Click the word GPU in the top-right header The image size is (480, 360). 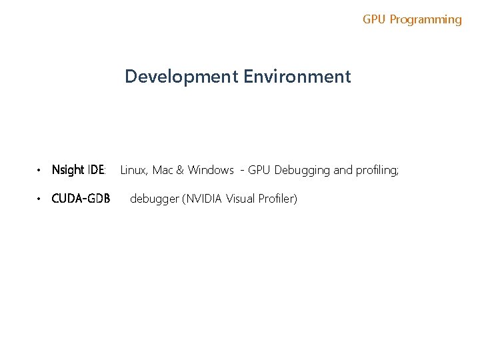[374, 19]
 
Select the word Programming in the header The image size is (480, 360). [425, 19]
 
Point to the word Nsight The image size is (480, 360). [67, 170]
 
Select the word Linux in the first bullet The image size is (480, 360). [133, 170]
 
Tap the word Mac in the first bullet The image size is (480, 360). [163, 170]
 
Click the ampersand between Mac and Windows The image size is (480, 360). [180, 170]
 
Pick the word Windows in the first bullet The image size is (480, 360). [211, 170]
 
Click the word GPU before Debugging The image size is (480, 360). [259, 170]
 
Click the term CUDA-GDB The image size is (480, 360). [81, 199]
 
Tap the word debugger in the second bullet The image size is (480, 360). [154, 199]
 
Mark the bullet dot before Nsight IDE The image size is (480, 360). [40, 171]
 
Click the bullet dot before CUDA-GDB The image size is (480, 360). [40, 199]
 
